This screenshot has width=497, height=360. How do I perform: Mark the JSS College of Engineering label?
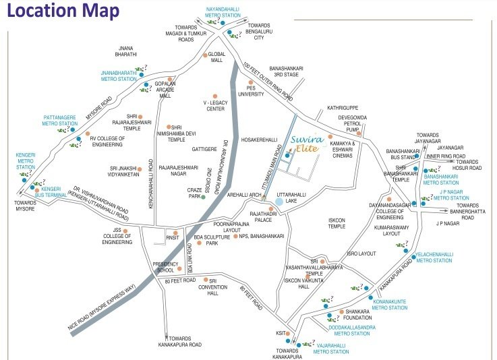click(117, 238)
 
